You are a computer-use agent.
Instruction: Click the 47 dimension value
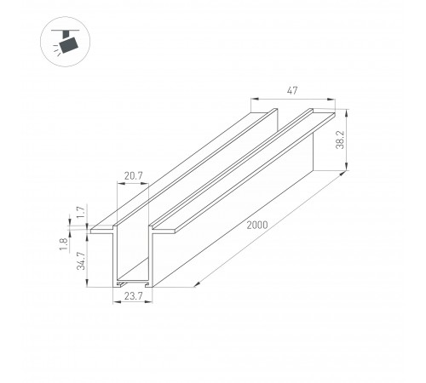point(292,91)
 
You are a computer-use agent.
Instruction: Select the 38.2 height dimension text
point(340,140)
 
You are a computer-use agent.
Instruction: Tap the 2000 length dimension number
point(257,225)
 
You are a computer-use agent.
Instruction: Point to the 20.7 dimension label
point(133,176)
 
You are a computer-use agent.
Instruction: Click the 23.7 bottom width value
point(133,296)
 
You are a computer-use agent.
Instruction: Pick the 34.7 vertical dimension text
point(81,260)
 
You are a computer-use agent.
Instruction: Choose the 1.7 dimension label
point(81,212)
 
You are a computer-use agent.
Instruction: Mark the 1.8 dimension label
point(63,244)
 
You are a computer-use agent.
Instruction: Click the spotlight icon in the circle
point(66,42)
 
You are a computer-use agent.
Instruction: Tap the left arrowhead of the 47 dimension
point(255,99)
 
